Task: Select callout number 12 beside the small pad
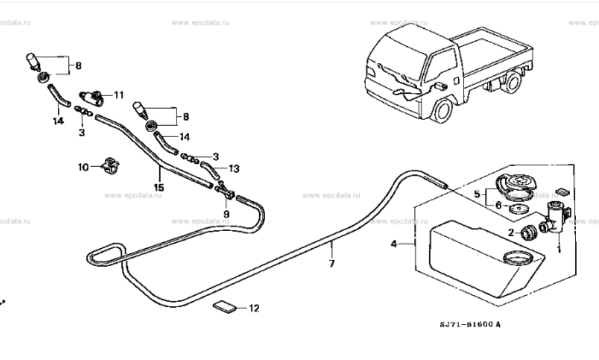pyautogui.click(x=253, y=308)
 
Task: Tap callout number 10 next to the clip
pyautogui.click(x=84, y=168)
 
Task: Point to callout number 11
pyautogui.click(x=119, y=95)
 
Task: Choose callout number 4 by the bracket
pyautogui.click(x=394, y=244)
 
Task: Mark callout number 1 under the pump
pyautogui.click(x=559, y=250)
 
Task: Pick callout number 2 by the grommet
pyautogui.click(x=511, y=233)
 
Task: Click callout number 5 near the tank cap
pyautogui.click(x=478, y=194)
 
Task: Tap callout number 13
pyautogui.click(x=233, y=168)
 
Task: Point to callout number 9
pyautogui.click(x=226, y=214)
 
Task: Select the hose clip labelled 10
pyautogui.click(x=109, y=165)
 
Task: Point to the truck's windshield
pyautogui.click(x=392, y=47)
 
